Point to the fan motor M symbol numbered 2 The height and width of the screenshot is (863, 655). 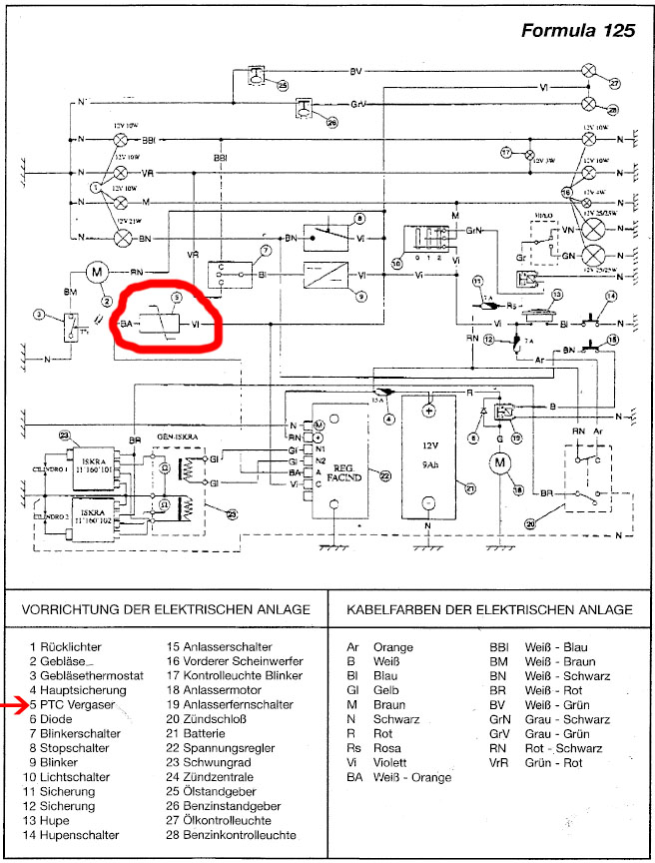coord(98,271)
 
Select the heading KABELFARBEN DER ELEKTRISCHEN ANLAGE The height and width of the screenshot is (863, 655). coord(488,609)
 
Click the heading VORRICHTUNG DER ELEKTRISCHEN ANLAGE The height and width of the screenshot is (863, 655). coord(167,609)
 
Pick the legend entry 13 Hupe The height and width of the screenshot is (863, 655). coord(61,819)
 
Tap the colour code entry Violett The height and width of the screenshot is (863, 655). coord(379,762)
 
